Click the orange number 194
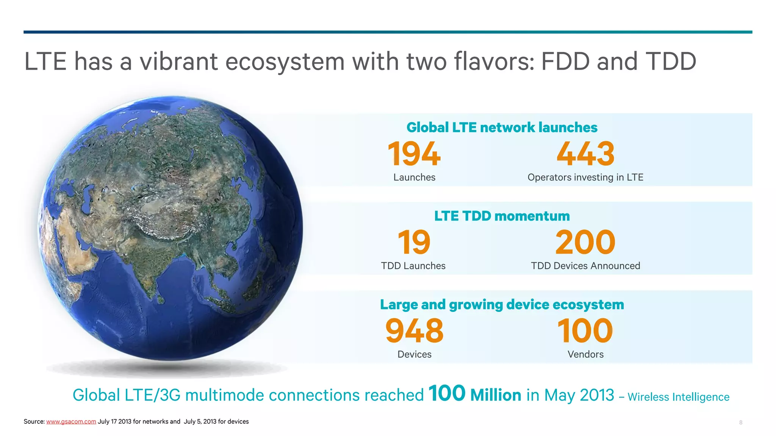414,154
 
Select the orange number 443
585,154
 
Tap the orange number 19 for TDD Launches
414,242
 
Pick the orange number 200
585,242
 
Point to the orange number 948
414,331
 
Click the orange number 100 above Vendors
585,331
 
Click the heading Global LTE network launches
502,128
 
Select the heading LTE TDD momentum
502,216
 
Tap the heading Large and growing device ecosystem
502,305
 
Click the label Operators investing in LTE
585,177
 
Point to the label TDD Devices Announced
585,266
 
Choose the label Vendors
585,354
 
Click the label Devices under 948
414,354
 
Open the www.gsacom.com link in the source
71,422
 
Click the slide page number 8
740,422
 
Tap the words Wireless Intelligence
678,397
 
